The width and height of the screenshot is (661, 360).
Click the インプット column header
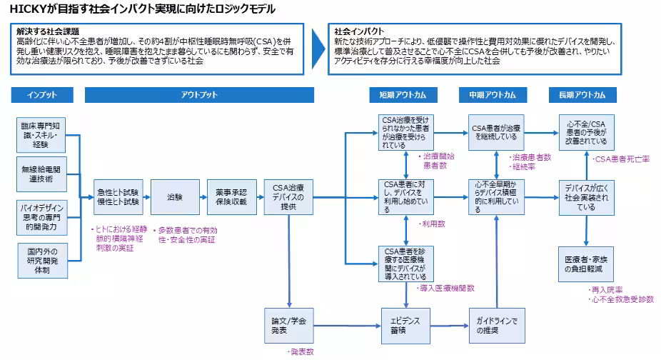pyautogui.click(x=42, y=95)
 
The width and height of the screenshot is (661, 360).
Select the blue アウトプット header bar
pyautogui.click(x=199, y=95)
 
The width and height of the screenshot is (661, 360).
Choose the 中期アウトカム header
pyautogui.click(x=493, y=95)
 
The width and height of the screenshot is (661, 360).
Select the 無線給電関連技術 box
pyautogui.click(x=43, y=174)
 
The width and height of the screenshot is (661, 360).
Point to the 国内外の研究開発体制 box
pyautogui.click(x=43, y=260)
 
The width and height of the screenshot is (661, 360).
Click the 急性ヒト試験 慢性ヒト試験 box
pyautogui.click(x=118, y=196)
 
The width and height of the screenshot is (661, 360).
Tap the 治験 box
pyautogui.click(x=175, y=196)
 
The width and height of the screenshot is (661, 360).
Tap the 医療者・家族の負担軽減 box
pyautogui.click(x=586, y=263)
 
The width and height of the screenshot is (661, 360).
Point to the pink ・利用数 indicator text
pyautogui.click(x=431, y=224)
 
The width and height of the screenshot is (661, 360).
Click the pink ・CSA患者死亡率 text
pyautogui.click(x=621, y=159)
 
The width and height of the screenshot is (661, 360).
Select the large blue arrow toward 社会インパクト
pyautogui.click(x=318, y=49)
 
